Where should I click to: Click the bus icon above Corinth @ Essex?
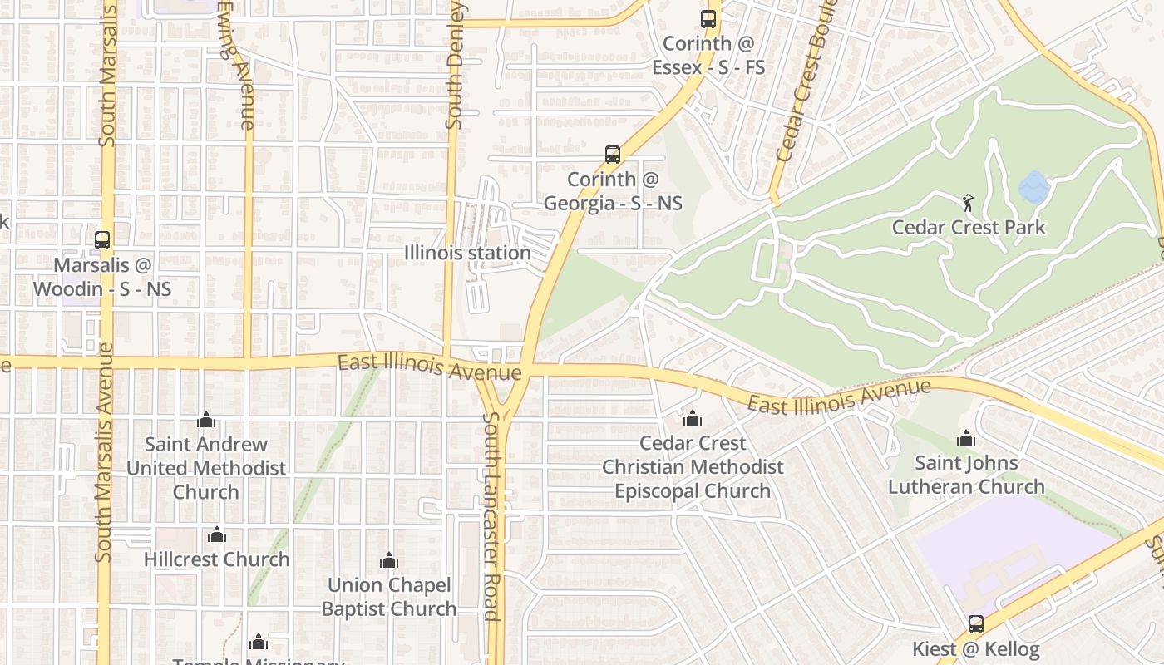tap(708, 18)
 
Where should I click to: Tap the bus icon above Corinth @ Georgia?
tap(613, 155)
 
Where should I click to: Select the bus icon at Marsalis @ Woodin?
tap(102, 240)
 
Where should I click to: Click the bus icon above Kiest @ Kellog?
tap(976, 623)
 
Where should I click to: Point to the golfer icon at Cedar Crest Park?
tap(968, 203)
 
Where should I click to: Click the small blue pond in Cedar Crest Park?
tap(1033, 188)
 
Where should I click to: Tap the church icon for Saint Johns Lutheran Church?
tap(966, 438)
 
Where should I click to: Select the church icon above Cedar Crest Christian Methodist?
tap(693, 418)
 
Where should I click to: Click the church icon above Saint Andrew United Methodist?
tap(206, 421)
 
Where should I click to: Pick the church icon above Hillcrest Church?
tap(217, 534)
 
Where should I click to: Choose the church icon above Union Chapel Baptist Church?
tap(388, 561)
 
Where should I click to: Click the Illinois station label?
tap(467, 253)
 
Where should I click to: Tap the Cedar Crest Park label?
tap(969, 227)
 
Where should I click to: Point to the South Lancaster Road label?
tap(491, 515)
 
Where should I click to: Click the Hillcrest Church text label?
tap(217, 559)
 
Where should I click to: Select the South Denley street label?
tap(455, 66)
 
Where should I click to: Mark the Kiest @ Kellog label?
tap(976, 648)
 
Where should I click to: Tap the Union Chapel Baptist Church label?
tap(388, 597)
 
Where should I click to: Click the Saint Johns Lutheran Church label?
tap(966, 475)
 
